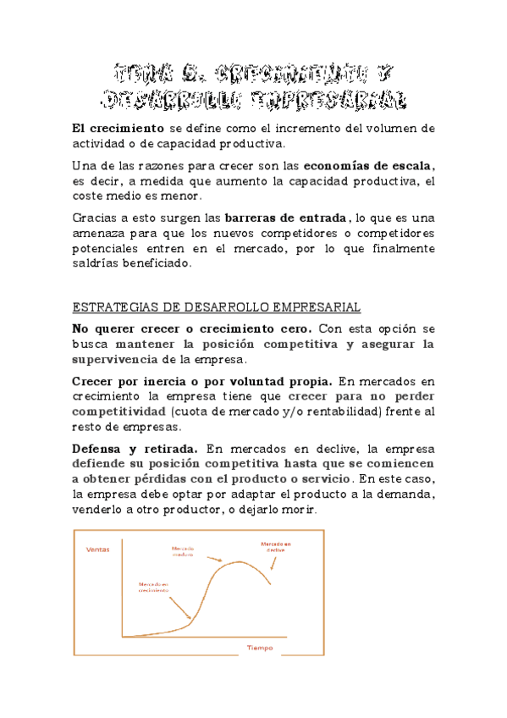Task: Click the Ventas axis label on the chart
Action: point(98,550)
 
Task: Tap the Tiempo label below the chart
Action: point(260,648)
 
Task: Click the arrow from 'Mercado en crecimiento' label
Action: point(179,607)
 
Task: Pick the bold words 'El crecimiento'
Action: point(118,128)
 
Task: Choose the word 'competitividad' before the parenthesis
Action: point(118,411)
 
